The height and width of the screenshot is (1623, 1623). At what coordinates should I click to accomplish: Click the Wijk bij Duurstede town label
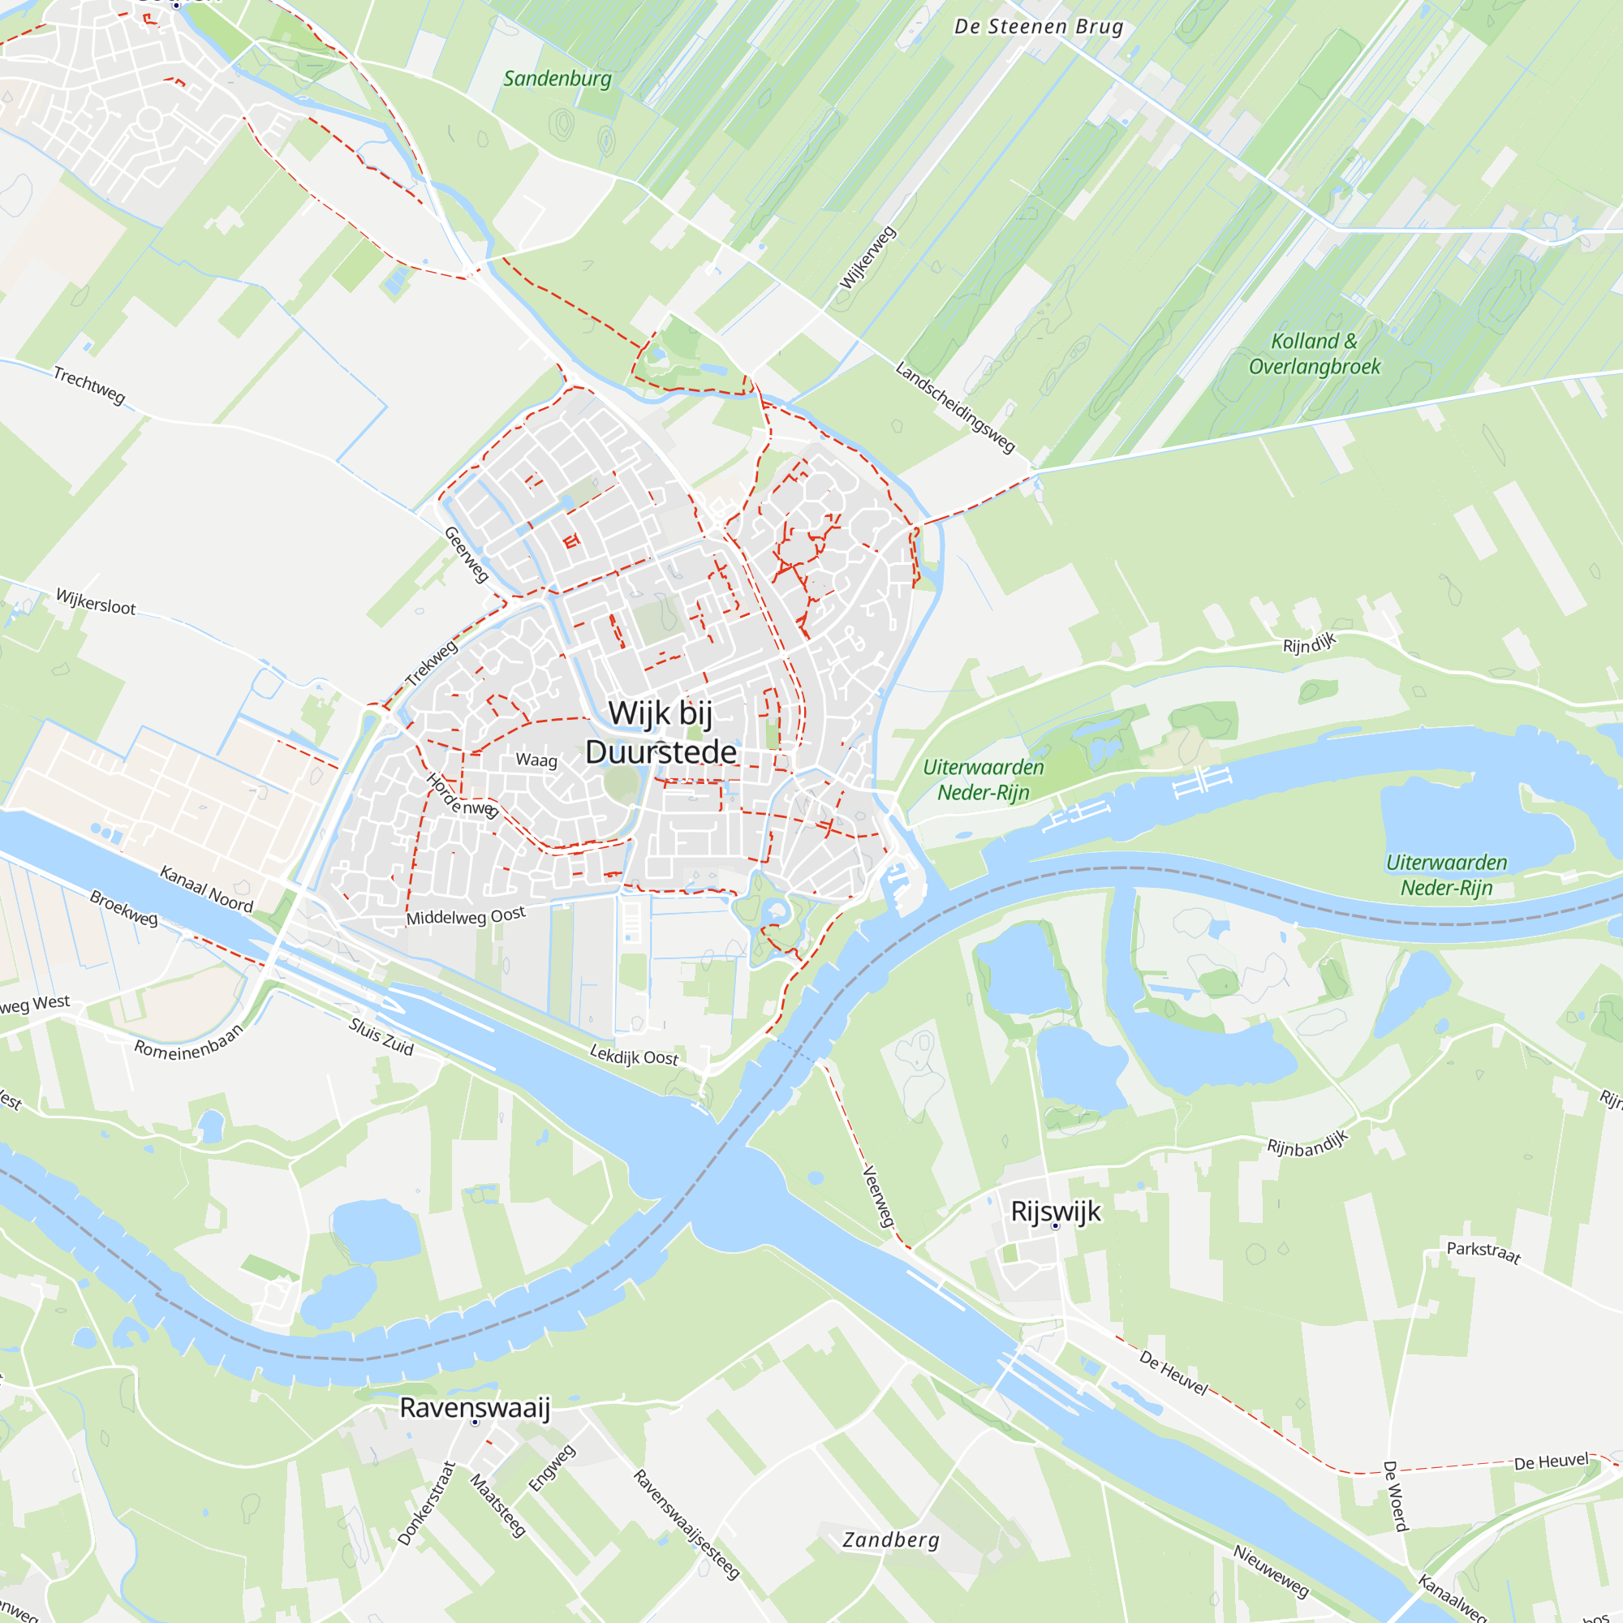(661, 732)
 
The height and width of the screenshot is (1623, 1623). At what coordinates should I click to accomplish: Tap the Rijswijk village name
(1055, 1211)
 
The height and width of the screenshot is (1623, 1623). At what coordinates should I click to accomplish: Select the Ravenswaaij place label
(475, 1407)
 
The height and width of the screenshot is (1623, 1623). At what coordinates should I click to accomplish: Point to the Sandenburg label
(557, 79)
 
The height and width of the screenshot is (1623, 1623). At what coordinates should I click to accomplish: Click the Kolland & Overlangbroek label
(1314, 354)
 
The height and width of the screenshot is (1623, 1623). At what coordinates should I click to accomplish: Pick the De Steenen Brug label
(1039, 27)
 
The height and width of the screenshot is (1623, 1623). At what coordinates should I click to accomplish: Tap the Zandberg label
(890, 1539)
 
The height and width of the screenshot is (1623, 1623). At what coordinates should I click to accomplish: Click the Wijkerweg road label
(867, 258)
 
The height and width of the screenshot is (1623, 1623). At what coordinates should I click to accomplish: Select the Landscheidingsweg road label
(955, 407)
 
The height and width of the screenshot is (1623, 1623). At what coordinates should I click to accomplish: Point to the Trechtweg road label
(89, 385)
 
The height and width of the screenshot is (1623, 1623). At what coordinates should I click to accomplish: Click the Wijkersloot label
(96, 601)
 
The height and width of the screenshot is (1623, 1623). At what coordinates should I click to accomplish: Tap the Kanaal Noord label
(207, 889)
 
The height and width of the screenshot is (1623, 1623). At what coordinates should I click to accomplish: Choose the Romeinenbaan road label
(189, 1043)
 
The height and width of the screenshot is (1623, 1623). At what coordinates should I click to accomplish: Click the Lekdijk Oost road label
(634, 1055)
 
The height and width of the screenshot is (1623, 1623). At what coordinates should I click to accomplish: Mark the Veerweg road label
(879, 1196)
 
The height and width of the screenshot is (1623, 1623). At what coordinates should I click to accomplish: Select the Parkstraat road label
(1483, 1251)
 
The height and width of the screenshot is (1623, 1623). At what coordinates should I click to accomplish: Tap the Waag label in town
(536, 760)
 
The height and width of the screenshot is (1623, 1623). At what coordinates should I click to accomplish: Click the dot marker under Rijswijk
(1056, 1226)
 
